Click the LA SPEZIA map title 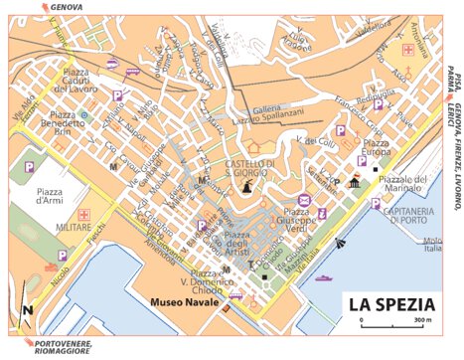[392, 301]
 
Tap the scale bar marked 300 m [393, 323]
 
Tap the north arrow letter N [30, 309]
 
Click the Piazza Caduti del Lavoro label [74, 86]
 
